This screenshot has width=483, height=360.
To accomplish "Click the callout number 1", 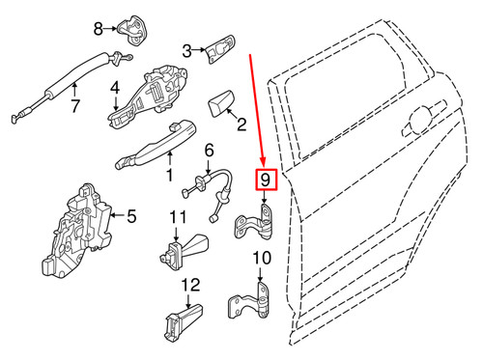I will click(169, 177).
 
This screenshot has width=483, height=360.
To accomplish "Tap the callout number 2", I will click(241, 124).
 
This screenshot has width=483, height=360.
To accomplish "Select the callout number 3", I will click(187, 46).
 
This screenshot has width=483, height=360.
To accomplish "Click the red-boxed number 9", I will click(266, 180).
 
